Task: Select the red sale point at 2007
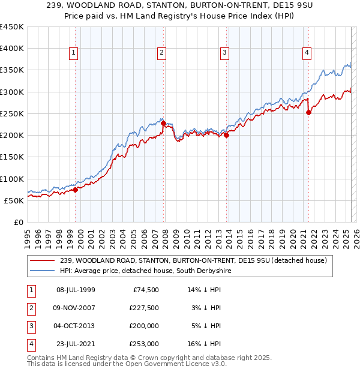[x=163, y=124]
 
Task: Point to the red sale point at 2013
[x=226, y=136]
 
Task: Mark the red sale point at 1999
[x=76, y=190]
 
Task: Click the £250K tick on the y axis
[x=13, y=114]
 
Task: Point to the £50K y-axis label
[x=15, y=200]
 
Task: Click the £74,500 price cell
[x=145, y=290]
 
